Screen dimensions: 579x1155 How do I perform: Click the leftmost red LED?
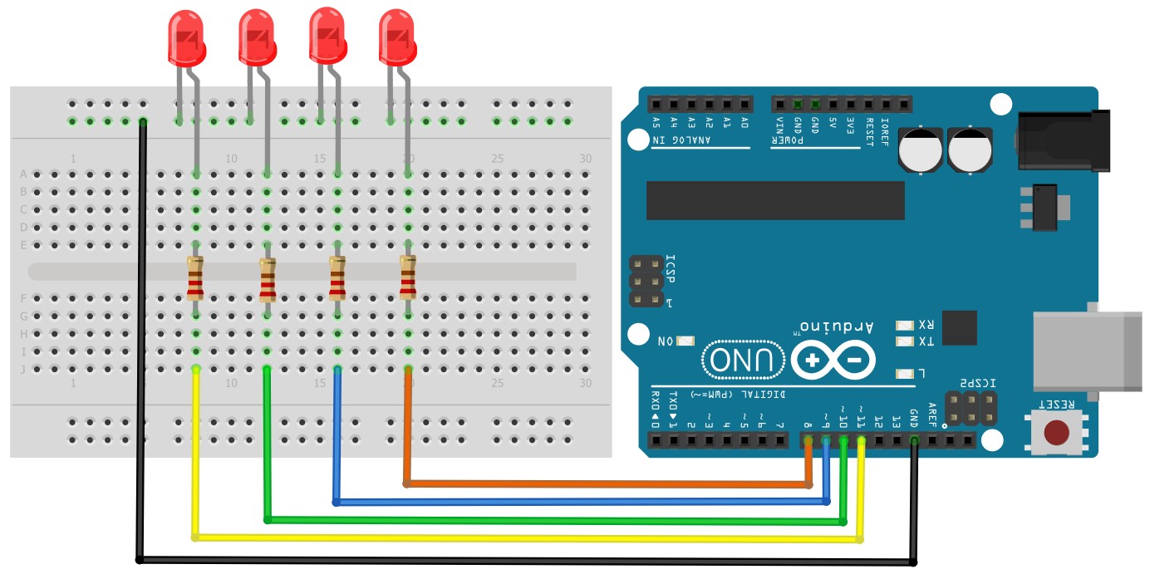click(x=186, y=38)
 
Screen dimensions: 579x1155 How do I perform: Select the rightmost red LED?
click(x=396, y=37)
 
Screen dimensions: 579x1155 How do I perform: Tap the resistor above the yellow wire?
click(x=195, y=277)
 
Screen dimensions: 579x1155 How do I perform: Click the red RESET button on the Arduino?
click(x=1056, y=433)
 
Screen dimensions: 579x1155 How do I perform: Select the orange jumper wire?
click(x=607, y=483)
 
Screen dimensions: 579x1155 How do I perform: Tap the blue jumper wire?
click(x=582, y=502)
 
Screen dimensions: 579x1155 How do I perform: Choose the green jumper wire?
click(x=548, y=520)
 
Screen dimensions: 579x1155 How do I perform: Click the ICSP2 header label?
click(x=976, y=382)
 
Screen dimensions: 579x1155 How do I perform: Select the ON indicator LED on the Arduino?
click(x=686, y=341)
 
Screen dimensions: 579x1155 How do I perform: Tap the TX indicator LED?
click(x=904, y=341)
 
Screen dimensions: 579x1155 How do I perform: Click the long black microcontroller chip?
click(x=774, y=200)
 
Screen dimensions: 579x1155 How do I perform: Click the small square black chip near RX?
click(x=959, y=327)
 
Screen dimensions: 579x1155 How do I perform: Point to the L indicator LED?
click(x=904, y=373)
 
